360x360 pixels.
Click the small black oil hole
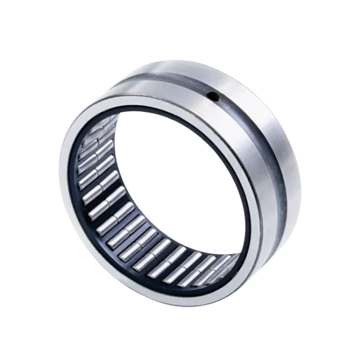(213, 97)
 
